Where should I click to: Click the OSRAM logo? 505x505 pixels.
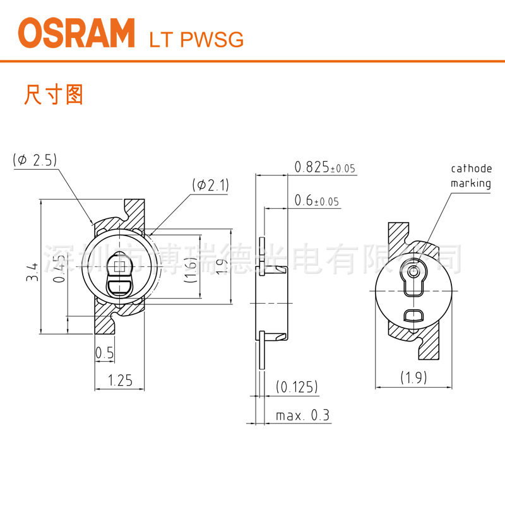pyautogui.click(x=76, y=33)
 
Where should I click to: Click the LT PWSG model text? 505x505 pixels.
pyautogui.click(x=196, y=40)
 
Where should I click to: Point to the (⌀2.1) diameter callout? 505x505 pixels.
pyautogui.click(x=211, y=185)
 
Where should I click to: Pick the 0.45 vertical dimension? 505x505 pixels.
pyautogui.click(x=59, y=273)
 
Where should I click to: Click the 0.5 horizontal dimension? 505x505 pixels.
pyautogui.click(x=104, y=354)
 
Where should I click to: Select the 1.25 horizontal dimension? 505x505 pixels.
pyautogui.click(x=120, y=380)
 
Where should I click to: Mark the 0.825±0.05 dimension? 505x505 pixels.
pyautogui.click(x=324, y=167)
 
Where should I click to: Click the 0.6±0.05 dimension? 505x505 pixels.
pyautogui.click(x=316, y=201)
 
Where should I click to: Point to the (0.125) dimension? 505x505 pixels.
pyautogui.click(x=297, y=386)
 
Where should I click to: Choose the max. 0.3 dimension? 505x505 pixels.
pyautogui.click(x=302, y=416)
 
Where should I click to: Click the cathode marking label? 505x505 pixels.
pyautogui.click(x=470, y=176)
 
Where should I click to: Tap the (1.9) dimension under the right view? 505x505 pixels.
pyautogui.click(x=413, y=377)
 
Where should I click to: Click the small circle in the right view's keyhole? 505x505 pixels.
pyautogui.click(x=413, y=271)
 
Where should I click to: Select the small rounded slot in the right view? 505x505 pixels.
pyautogui.click(x=413, y=316)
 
